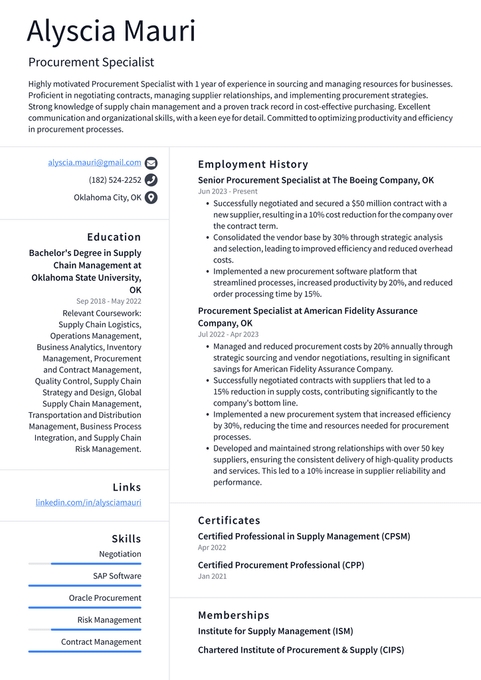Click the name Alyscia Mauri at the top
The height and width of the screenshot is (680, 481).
[x=112, y=31]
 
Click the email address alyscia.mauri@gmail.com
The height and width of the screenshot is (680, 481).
[x=94, y=162]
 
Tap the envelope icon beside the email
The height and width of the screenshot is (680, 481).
[x=151, y=163]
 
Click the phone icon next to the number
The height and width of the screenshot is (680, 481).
[x=151, y=180]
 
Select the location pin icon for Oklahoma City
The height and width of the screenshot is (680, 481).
[x=151, y=197]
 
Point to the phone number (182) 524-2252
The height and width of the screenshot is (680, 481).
[x=115, y=180]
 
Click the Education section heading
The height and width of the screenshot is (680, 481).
[x=114, y=237]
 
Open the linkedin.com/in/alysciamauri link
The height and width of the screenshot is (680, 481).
[x=88, y=503]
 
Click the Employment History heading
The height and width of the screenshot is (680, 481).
[x=252, y=164]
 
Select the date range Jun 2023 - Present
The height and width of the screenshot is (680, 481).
[x=227, y=191]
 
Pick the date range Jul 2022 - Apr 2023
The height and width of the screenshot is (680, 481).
[x=228, y=334]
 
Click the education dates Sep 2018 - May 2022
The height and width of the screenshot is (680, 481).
[x=108, y=301]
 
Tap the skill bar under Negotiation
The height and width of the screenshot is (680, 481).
[x=84, y=564]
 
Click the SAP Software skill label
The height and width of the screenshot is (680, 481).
[x=117, y=576]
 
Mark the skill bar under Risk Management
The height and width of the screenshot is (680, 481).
[x=84, y=629]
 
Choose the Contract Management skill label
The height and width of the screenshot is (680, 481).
[x=101, y=642]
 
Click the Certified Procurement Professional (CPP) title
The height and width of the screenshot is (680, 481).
[x=280, y=565]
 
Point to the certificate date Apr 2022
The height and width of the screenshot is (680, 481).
[x=212, y=548]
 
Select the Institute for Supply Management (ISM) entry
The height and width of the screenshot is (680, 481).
[x=275, y=631]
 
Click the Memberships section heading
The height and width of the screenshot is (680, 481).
[x=233, y=616]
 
